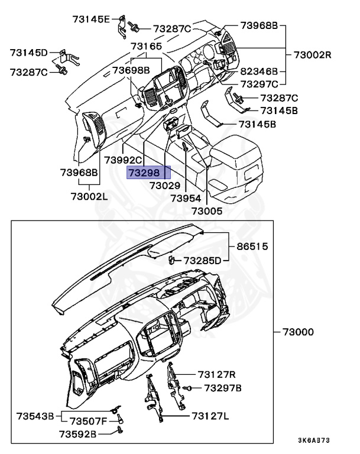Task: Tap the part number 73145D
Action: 28,53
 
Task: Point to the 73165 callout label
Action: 146,46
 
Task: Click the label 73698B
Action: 131,70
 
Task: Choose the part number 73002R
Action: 313,55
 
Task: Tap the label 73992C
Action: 124,160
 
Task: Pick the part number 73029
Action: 165,185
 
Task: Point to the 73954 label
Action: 186,199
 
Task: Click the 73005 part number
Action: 207,210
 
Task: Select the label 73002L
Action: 89,196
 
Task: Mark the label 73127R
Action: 217,374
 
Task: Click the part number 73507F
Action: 89,421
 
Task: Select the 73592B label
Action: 77,434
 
